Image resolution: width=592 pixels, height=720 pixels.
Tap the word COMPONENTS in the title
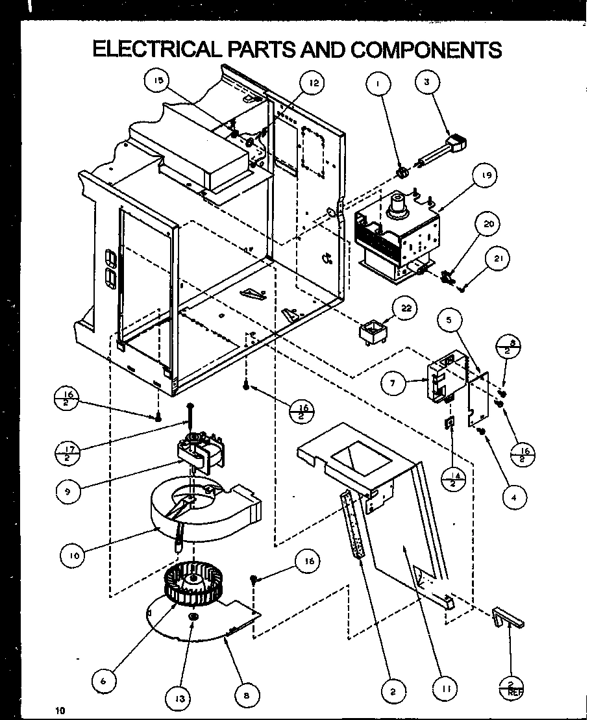pos(426,50)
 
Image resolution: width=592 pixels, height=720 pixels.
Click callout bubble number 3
pos(426,82)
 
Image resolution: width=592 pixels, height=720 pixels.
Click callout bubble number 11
pos(445,687)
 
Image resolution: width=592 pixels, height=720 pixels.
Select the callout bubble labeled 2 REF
pos(511,686)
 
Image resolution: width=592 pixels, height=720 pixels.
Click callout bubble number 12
pos(314,83)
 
